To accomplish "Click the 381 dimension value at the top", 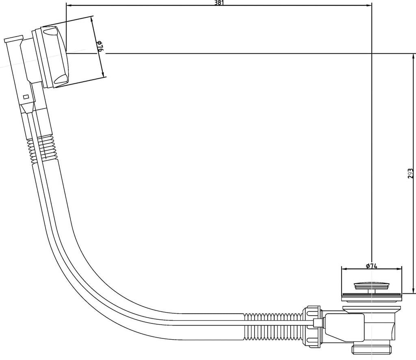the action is click(x=219, y=3).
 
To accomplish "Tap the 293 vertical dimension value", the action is click(x=410, y=173).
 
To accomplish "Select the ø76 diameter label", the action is click(x=100, y=46).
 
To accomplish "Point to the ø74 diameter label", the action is click(x=371, y=266).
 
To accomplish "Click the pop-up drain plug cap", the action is click(x=371, y=286).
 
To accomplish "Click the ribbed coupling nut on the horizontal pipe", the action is click(x=312, y=325).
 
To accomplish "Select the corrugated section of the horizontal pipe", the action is click(x=273, y=326).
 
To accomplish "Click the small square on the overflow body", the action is click(x=26, y=97).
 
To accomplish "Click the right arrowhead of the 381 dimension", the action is click(x=368, y=5).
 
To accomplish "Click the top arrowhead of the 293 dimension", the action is click(x=413, y=57).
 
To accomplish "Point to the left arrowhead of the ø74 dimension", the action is click(x=344, y=269).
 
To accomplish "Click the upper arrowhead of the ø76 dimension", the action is click(x=92, y=20).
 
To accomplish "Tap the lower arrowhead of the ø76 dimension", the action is click(x=103, y=74).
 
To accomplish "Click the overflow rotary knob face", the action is click(x=55, y=57).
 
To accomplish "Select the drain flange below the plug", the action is click(x=371, y=297).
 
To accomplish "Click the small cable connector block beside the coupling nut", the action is click(x=317, y=323).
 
